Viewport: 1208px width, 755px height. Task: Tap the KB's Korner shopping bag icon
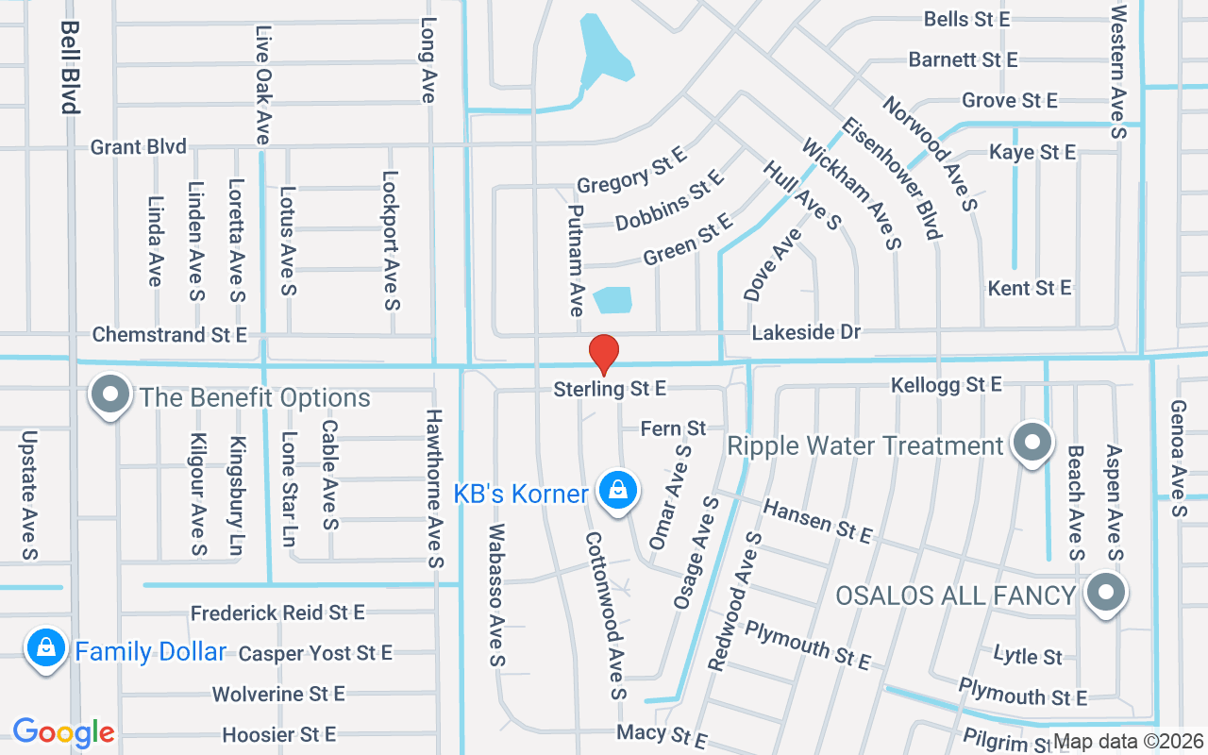pos(617,491)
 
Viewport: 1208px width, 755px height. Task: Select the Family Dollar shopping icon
pos(45,648)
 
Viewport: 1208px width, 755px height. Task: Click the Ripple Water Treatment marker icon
pos(1032,443)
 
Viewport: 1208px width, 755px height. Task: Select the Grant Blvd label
pos(139,147)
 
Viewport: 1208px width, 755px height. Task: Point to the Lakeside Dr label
pos(806,332)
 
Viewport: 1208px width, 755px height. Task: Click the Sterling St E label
pos(610,389)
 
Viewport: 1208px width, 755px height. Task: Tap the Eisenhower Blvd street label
pos(892,178)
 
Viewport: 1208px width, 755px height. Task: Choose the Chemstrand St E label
pos(169,335)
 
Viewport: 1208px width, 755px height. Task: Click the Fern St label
pos(673,428)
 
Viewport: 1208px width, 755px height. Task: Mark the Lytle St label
pos(1028,655)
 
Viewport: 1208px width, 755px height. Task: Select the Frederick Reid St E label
pos(277,613)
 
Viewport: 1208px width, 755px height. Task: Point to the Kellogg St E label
pos(946,385)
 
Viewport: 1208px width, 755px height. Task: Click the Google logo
pos(63,732)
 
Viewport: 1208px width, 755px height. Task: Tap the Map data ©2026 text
pos(1128,742)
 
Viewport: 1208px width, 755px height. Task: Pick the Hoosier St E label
pos(278,734)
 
